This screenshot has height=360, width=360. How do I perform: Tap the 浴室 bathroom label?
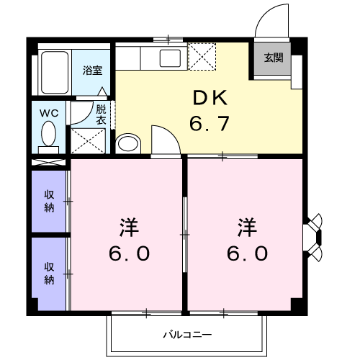point(91,71)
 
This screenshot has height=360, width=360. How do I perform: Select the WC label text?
point(49,113)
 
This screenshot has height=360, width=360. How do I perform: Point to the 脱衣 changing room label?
point(101,114)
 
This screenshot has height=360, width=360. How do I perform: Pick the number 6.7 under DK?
point(209,124)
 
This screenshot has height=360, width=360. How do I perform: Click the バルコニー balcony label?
point(186,335)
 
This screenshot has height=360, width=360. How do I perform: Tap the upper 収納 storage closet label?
point(49,200)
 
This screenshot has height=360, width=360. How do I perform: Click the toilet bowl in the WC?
point(49,134)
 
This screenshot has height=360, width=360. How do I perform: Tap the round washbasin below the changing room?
point(127,143)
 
